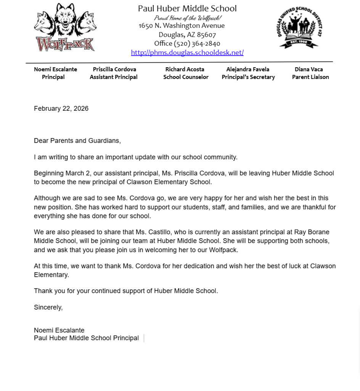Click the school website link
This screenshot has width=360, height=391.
pyautogui.click(x=187, y=53)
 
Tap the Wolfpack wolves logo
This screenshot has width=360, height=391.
pyautogui.click(x=65, y=27)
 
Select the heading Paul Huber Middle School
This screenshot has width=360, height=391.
pyautogui.click(x=187, y=8)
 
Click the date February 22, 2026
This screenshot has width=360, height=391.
pyautogui.click(x=61, y=108)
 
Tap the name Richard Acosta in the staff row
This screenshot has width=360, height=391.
pyautogui.click(x=185, y=69)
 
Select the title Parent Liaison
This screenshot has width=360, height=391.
pyautogui.click(x=310, y=77)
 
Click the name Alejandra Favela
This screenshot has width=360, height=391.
pyautogui.click(x=247, y=69)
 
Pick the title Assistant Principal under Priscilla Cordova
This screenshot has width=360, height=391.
pyautogui.click(x=114, y=77)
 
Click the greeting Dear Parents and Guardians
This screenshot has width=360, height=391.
pyautogui.click(x=77, y=141)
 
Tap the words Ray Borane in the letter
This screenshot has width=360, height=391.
pyautogui.click(x=312, y=232)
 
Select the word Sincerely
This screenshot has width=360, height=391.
pyautogui.click(x=48, y=307)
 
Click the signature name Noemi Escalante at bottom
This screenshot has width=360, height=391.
pyautogui.click(x=59, y=330)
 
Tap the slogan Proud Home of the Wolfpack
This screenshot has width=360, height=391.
pyautogui.click(x=187, y=18)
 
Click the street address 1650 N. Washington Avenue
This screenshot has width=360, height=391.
pyautogui.click(x=182, y=26)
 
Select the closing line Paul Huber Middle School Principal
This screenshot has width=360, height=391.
pyautogui.click(x=86, y=338)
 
